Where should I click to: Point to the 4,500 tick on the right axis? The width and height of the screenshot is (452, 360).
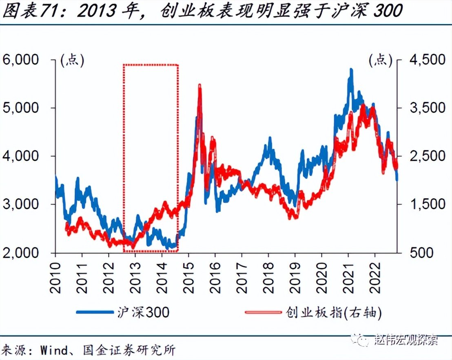point(420,60)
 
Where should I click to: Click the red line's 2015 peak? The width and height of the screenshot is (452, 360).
point(199,85)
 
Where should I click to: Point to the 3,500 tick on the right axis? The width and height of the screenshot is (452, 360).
point(420,108)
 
